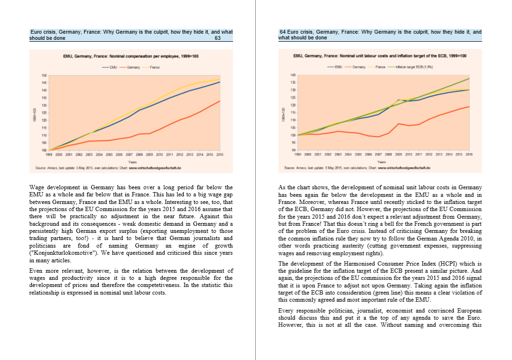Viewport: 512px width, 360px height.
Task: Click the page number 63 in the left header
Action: (217, 38)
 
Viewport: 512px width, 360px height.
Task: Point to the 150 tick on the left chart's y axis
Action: (44, 75)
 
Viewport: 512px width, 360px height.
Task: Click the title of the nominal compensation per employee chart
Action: (130, 56)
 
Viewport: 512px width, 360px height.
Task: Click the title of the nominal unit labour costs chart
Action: (380, 56)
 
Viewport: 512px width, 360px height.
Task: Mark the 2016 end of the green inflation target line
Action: (469, 78)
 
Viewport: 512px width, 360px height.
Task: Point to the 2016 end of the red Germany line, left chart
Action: (220, 101)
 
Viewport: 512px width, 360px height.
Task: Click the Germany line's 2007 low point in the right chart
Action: (378, 137)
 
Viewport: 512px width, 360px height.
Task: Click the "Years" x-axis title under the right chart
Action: (380, 162)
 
